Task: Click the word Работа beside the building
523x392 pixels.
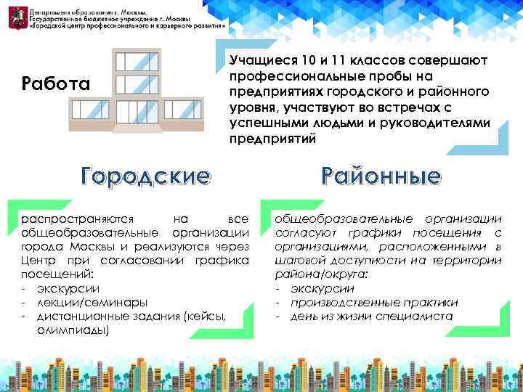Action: pos(56,84)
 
